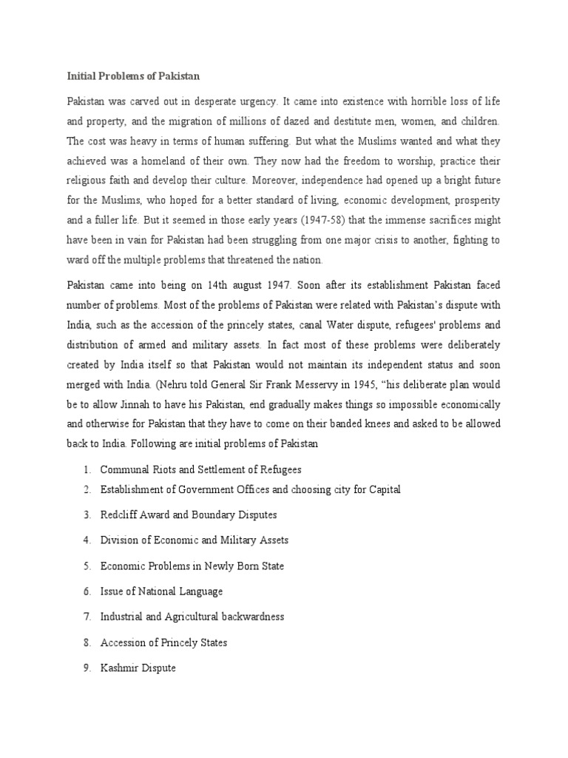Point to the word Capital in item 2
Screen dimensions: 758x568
pyautogui.click(x=384, y=490)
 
